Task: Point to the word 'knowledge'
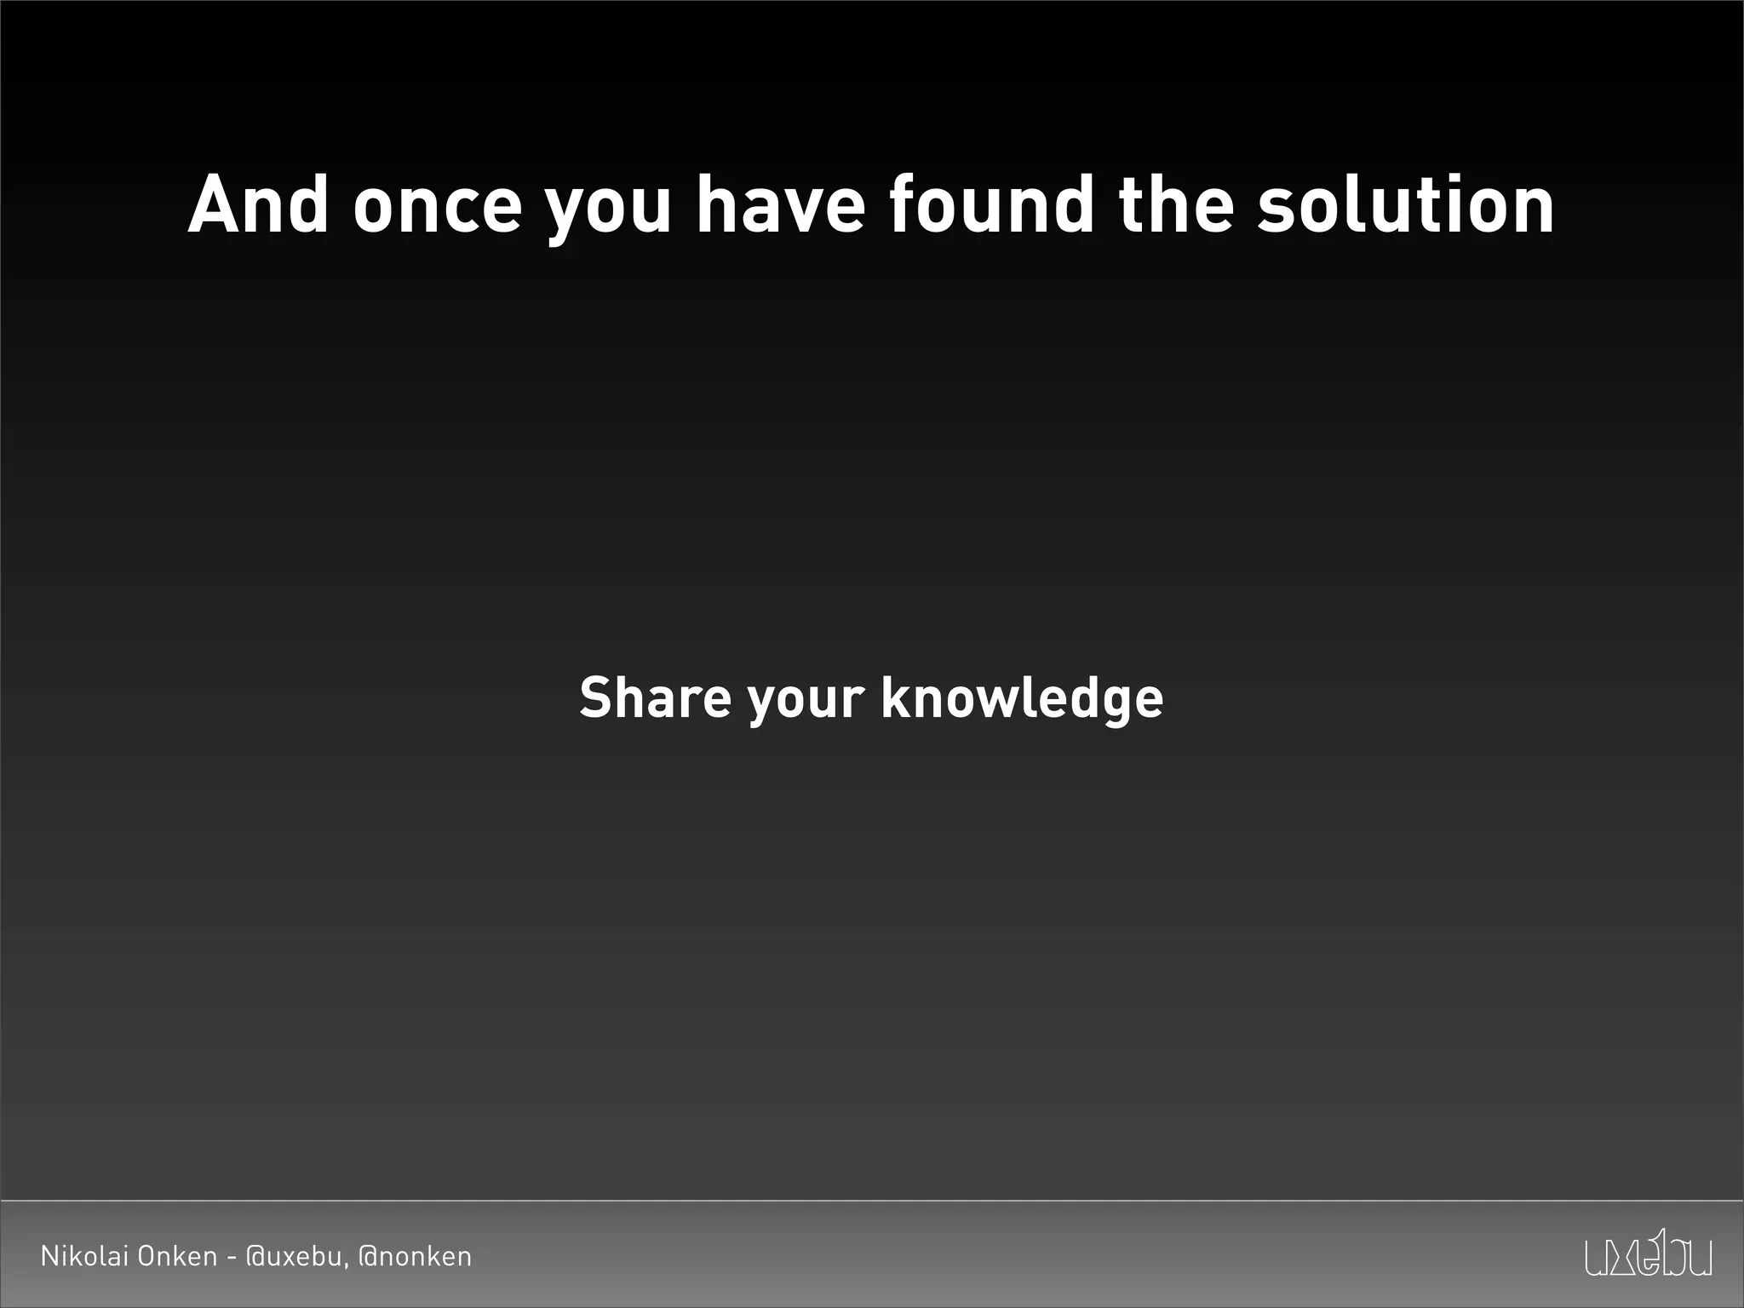(x=1022, y=699)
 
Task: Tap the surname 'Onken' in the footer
(x=177, y=1256)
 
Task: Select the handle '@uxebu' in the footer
(x=294, y=1257)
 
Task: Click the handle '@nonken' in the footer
(x=415, y=1257)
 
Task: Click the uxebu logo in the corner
(x=1648, y=1253)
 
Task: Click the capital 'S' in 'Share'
(x=595, y=697)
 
